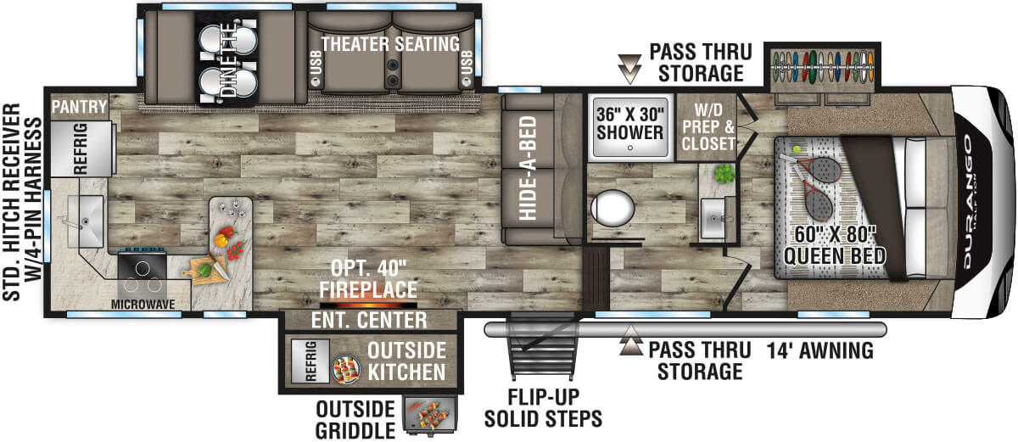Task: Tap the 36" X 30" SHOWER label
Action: tap(629, 123)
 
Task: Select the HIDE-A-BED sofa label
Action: tap(527, 167)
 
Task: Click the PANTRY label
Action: tap(78, 107)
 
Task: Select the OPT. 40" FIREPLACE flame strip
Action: tap(368, 303)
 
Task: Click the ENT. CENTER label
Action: tap(369, 320)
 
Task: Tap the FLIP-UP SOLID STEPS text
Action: tap(543, 408)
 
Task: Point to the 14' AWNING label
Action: tap(819, 350)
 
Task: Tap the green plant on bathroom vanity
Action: tap(723, 174)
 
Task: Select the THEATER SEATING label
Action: tap(390, 43)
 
